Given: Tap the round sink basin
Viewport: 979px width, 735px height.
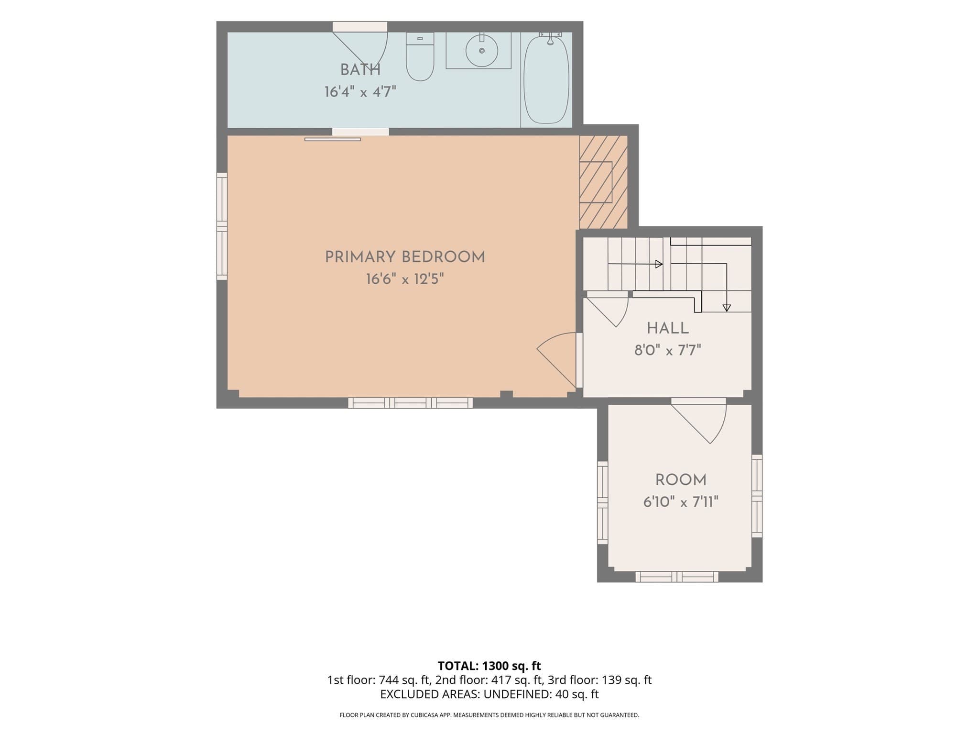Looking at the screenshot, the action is coord(482,50).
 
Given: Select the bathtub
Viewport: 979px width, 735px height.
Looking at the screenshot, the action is coord(546,79).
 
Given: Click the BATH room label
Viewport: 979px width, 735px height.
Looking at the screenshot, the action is coord(360,70).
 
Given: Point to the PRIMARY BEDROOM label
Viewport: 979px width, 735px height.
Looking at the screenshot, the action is coord(405,257).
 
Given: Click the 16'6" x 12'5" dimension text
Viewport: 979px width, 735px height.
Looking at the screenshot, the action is coord(405,279).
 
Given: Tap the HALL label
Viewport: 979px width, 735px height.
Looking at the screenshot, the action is coord(668,328).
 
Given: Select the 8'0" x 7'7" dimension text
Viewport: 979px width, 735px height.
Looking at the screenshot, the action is coord(668,351).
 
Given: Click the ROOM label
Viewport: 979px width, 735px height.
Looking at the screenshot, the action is coord(681,480).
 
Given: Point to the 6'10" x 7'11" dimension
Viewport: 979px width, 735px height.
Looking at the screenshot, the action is coord(681,502).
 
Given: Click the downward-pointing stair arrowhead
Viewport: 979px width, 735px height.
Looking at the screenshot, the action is coord(727,308).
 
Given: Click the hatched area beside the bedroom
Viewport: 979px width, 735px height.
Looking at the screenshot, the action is coord(603,182).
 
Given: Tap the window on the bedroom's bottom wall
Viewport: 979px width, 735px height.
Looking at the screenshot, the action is coord(411,403).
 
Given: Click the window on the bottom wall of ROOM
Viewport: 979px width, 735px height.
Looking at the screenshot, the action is coord(677,577).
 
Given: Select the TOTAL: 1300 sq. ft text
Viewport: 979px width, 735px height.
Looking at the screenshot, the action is coord(489,666).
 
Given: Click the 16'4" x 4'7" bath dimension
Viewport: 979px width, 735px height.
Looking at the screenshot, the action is coord(360,92).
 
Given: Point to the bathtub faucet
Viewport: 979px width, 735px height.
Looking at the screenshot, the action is coord(550,38).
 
